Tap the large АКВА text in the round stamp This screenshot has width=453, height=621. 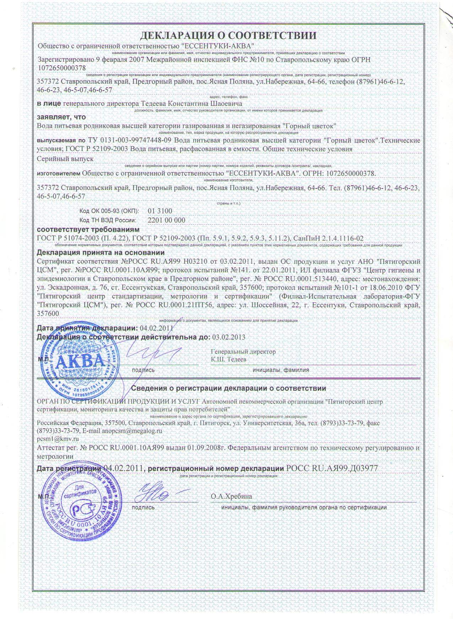(x=77, y=362)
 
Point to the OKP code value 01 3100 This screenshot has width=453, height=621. (x=160, y=211)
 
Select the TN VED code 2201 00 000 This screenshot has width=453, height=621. (x=166, y=220)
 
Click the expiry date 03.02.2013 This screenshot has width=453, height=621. (x=228, y=337)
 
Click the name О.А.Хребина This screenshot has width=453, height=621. (x=231, y=496)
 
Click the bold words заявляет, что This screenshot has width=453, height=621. (x=61, y=117)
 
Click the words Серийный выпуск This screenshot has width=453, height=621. (x=65, y=159)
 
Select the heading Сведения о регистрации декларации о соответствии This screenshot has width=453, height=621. (x=228, y=388)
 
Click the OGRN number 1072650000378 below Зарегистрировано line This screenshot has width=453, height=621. (x=61, y=67)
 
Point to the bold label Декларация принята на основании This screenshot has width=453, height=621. (x=101, y=253)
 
